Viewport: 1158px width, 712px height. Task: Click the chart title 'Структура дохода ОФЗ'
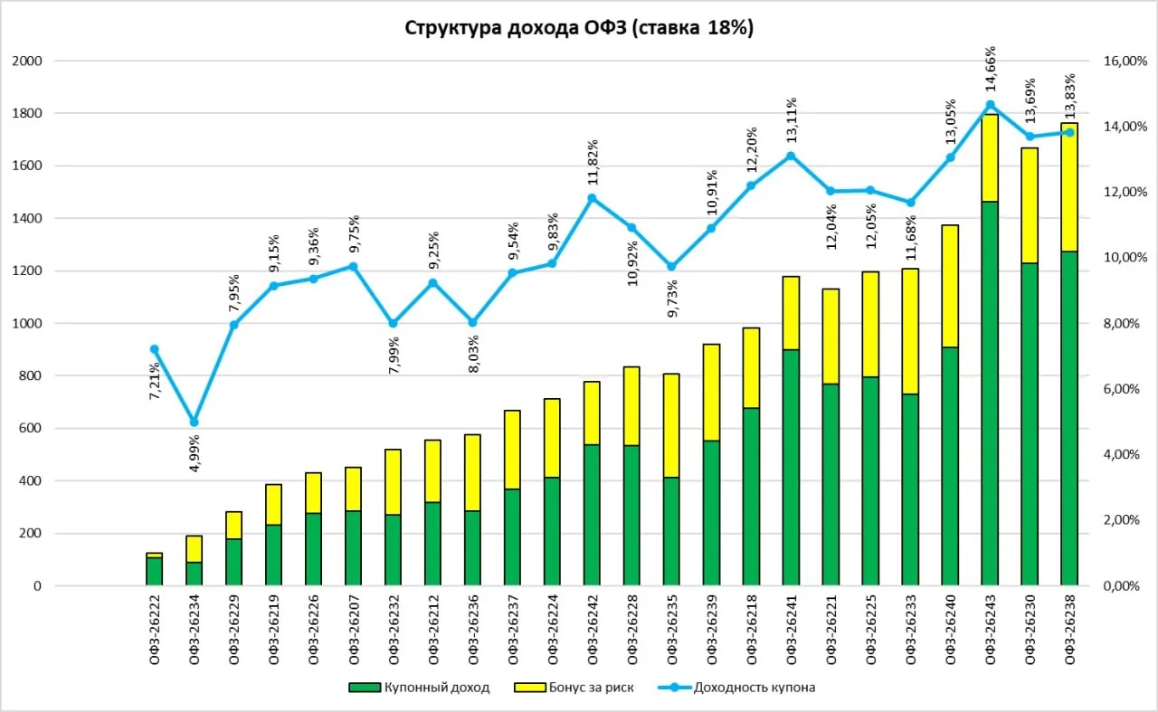[516, 28]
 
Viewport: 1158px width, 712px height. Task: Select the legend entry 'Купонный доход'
[419, 688]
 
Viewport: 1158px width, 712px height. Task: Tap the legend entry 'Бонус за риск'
[574, 688]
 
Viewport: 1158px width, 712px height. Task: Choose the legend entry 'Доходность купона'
[736, 688]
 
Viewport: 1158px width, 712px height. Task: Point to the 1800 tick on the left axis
[27, 113]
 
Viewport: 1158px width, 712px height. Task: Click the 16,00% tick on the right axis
[1125, 61]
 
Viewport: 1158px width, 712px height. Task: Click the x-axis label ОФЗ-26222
[155, 630]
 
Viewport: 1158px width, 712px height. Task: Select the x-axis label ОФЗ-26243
[990, 630]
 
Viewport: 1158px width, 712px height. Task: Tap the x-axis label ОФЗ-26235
[672, 630]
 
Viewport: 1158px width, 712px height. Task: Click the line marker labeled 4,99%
[195, 422]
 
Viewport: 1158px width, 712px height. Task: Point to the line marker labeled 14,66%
[990, 105]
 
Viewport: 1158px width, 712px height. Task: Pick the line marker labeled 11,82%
[593, 198]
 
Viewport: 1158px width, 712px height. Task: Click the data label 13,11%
[791, 120]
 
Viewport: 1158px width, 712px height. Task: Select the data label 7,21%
[155, 381]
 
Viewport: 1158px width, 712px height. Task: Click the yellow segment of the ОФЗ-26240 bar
[950, 286]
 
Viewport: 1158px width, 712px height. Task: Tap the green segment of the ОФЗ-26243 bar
[990, 394]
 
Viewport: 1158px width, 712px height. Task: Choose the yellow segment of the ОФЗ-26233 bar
[910, 331]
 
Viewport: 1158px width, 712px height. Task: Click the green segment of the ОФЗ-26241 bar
[791, 468]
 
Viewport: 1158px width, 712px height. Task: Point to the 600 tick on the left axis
[30, 428]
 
